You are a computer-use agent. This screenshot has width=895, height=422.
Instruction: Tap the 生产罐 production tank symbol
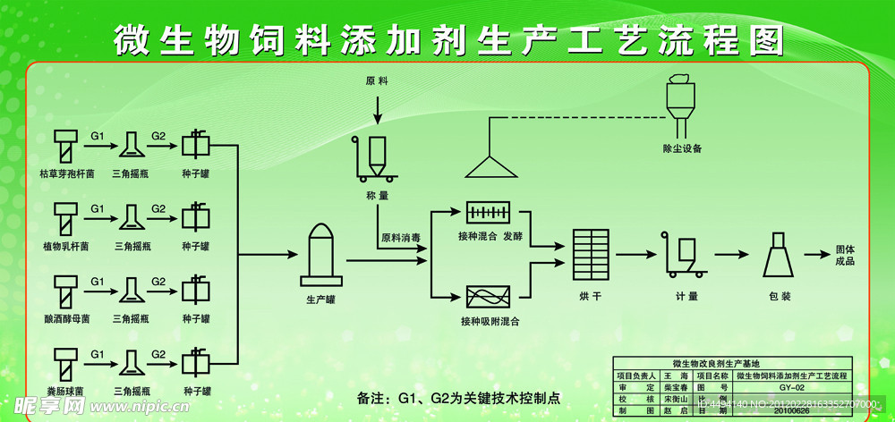point(320,253)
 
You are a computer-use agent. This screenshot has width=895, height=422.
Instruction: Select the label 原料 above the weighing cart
point(377,81)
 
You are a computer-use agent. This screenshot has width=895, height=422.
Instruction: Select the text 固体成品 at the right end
point(846,255)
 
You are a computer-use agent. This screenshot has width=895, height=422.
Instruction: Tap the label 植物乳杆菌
point(65,246)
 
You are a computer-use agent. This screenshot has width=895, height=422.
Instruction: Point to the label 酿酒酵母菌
point(65,318)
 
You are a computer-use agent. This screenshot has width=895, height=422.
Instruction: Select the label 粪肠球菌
point(65,392)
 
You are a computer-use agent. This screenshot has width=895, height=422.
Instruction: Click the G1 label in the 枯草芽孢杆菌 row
point(98,135)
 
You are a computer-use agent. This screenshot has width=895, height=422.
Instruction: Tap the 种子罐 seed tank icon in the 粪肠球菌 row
point(195,362)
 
